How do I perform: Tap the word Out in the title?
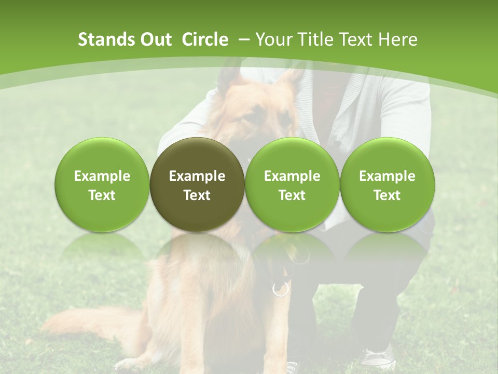(x=154, y=39)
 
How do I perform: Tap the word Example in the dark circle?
(x=197, y=176)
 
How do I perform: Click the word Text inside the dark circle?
(x=197, y=195)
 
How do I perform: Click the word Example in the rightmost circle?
(x=387, y=176)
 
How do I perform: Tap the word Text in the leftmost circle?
(x=102, y=195)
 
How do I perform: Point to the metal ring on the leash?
(x=280, y=289)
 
